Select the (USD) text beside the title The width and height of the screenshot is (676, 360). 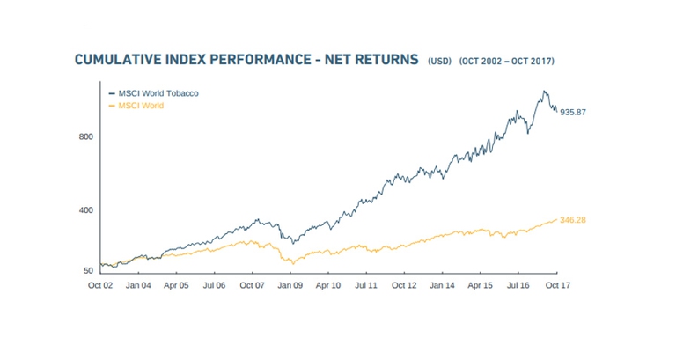(438, 62)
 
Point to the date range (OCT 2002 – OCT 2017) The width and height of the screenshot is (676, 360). (506, 62)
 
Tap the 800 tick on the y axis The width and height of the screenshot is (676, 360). (84, 137)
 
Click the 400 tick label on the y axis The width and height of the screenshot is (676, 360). (84, 210)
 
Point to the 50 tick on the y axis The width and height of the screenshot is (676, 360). (87, 270)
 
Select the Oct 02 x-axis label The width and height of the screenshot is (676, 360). (100, 286)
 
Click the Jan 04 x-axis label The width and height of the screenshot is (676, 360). (138, 286)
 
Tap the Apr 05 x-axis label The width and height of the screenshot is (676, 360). (176, 286)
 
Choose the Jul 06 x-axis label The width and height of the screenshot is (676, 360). (214, 286)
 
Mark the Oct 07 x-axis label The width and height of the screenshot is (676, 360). (253, 286)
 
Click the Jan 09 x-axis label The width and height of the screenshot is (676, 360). (290, 286)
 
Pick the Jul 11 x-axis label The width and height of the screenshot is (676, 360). (366, 286)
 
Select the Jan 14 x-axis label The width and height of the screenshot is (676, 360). (442, 286)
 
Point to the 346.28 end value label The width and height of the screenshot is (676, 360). (573, 220)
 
